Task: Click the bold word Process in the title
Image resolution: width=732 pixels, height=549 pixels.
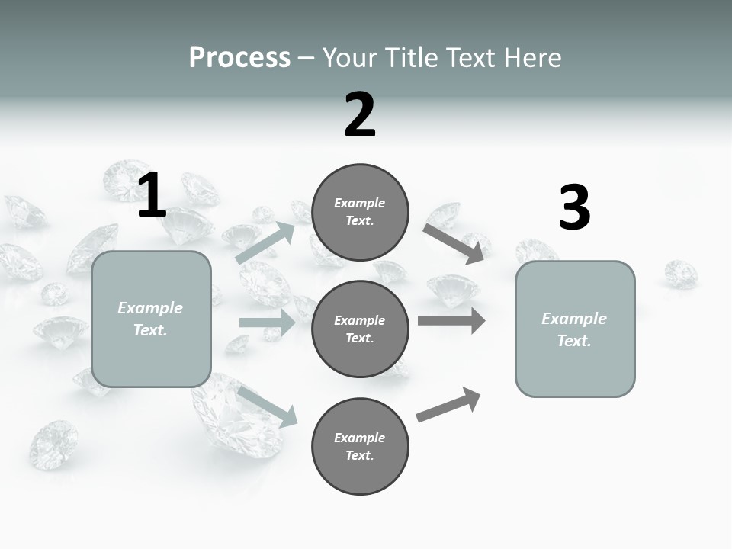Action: (239, 58)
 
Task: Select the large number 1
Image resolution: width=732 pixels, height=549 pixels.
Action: (152, 196)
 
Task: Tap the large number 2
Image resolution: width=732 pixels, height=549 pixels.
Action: (360, 115)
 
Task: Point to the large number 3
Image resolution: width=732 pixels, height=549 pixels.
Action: (574, 208)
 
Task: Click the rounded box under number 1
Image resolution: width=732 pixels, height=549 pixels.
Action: (151, 319)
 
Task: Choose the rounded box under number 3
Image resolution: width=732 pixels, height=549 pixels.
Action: (575, 329)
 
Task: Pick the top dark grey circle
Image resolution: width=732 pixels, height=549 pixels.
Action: (360, 212)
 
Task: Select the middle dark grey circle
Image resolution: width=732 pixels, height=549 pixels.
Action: (360, 329)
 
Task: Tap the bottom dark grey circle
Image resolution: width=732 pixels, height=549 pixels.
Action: (360, 446)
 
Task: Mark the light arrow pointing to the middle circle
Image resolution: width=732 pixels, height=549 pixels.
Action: (267, 323)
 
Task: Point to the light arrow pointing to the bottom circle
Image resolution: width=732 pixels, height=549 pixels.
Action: (267, 406)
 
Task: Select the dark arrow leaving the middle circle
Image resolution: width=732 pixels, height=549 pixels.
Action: (451, 320)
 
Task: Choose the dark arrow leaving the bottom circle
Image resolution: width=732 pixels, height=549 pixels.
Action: (449, 405)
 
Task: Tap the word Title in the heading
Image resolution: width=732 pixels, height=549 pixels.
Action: (411, 58)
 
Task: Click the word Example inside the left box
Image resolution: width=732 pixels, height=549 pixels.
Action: (150, 308)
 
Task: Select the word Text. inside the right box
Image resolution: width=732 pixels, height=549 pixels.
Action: (574, 341)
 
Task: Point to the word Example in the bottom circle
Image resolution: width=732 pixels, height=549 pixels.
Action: (359, 438)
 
